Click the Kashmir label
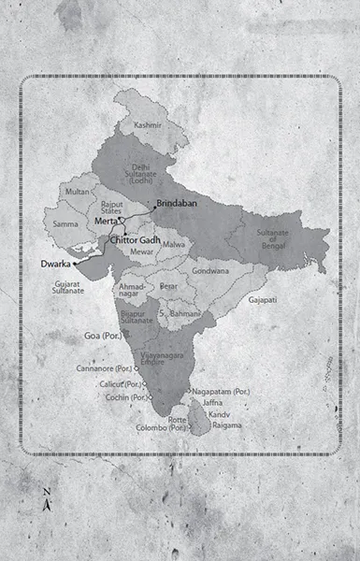click(148, 124)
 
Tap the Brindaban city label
click(178, 203)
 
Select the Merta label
click(105, 220)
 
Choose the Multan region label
click(77, 192)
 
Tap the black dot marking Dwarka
click(74, 265)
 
